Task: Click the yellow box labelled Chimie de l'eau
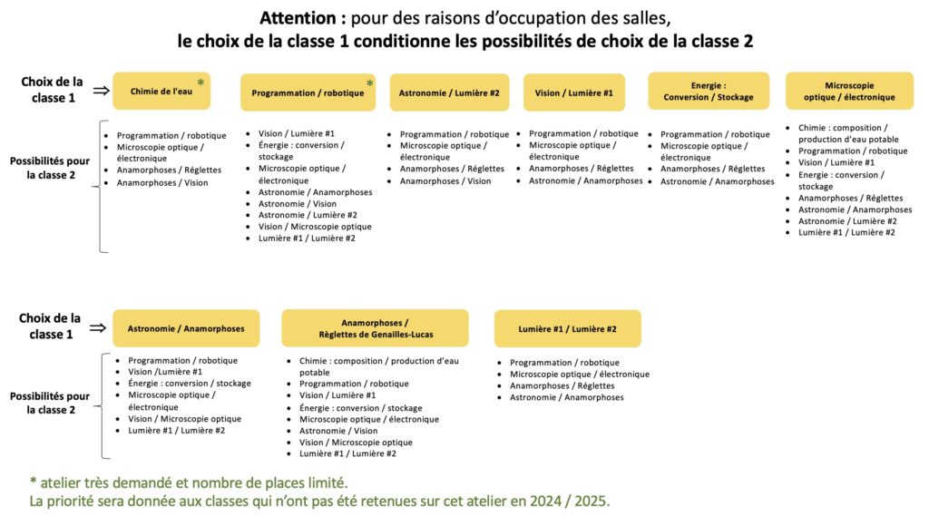pyautogui.click(x=161, y=91)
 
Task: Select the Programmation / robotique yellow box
pyautogui.click(x=308, y=92)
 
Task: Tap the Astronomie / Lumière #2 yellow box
pyautogui.click(x=449, y=92)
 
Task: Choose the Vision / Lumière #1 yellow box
pyautogui.click(x=573, y=92)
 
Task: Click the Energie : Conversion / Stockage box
pyautogui.click(x=709, y=91)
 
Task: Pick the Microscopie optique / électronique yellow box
pyautogui.click(x=849, y=91)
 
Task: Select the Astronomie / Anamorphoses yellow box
pyautogui.click(x=186, y=328)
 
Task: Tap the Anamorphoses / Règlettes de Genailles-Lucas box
pyautogui.click(x=375, y=328)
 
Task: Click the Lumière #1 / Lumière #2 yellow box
pyautogui.click(x=567, y=328)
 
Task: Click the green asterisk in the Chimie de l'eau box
pyautogui.click(x=200, y=83)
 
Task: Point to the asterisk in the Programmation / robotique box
pyautogui.click(x=369, y=84)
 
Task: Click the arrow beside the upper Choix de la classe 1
pyautogui.click(x=101, y=90)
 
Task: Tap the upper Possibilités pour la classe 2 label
pyautogui.click(x=50, y=167)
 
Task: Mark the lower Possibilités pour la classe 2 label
pyautogui.click(x=50, y=403)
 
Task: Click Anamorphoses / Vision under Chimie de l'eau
pyautogui.click(x=162, y=183)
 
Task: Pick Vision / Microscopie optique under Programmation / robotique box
pyautogui.click(x=315, y=227)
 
